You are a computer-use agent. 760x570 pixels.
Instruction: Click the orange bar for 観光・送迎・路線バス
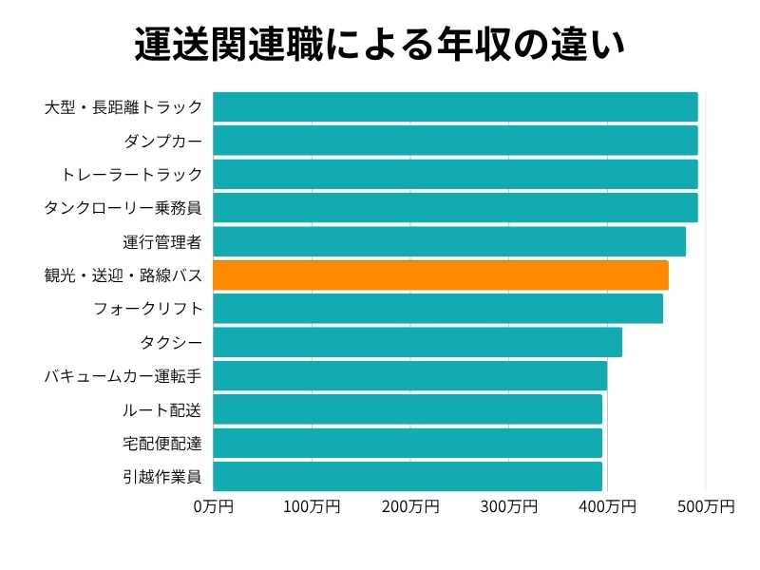click(x=440, y=275)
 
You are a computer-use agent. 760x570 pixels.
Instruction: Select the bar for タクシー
click(x=417, y=342)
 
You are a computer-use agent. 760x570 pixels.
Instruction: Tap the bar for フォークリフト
click(x=438, y=309)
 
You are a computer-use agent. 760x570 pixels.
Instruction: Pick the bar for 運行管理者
click(x=449, y=241)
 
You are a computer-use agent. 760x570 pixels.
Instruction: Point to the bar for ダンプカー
click(x=455, y=141)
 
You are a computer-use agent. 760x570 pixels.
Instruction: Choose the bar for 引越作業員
click(x=408, y=476)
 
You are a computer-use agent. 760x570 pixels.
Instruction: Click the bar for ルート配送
click(x=408, y=409)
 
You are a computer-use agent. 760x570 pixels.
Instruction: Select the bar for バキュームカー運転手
click(x=409, y=376)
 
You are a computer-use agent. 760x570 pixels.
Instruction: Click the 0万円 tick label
click(x=213, y=507)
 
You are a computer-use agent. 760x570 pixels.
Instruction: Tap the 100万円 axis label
click(x=312, y=507)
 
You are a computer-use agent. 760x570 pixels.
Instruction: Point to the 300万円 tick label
click(x=508, y=507)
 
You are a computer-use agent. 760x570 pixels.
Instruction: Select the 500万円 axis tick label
click(x=706, y=507)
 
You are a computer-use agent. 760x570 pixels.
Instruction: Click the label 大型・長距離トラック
click(x=123, y=107)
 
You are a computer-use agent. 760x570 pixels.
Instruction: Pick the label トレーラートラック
click(x=131, y=175)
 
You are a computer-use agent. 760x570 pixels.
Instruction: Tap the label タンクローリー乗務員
click(x=123, y=208)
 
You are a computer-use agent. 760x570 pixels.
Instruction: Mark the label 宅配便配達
click(x=162, y=443)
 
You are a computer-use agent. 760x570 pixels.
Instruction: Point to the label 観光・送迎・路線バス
click(x=123, y=275)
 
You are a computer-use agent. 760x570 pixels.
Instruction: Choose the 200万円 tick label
click(x=410, y=507)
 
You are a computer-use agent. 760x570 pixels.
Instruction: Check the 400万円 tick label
click(x=607, y=507)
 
